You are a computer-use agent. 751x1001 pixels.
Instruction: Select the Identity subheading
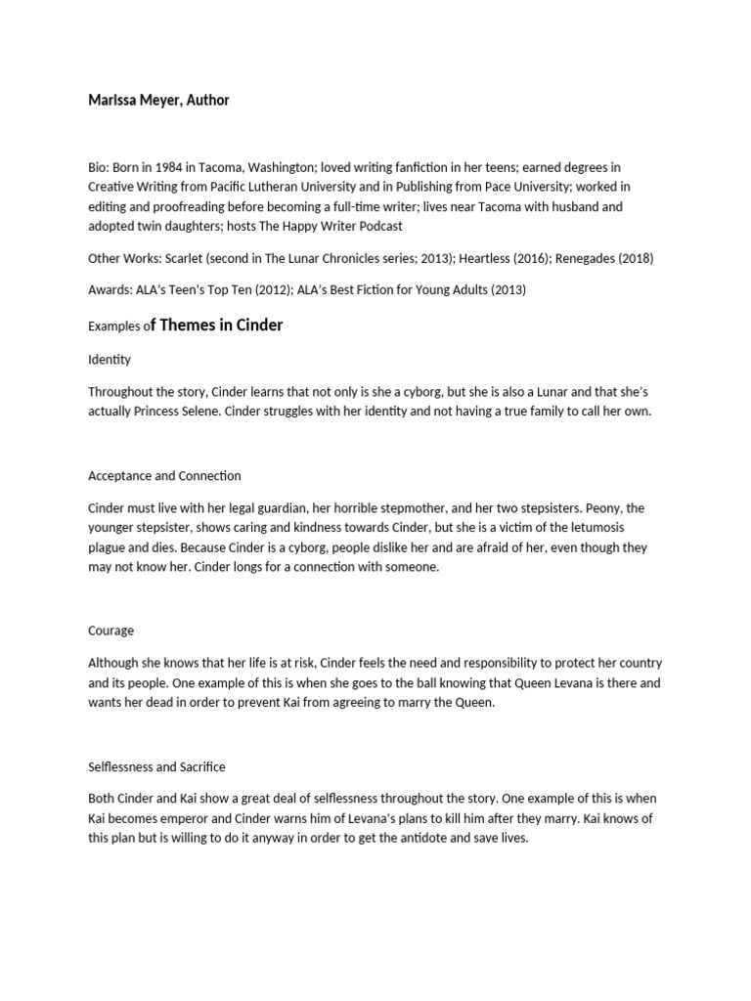tap(110, 359)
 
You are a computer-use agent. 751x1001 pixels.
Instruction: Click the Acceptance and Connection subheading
tap(164, 475)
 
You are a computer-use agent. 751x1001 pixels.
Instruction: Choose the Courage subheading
tap(111, 631)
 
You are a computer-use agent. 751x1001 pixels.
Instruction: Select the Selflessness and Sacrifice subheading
tap(156, 766)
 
